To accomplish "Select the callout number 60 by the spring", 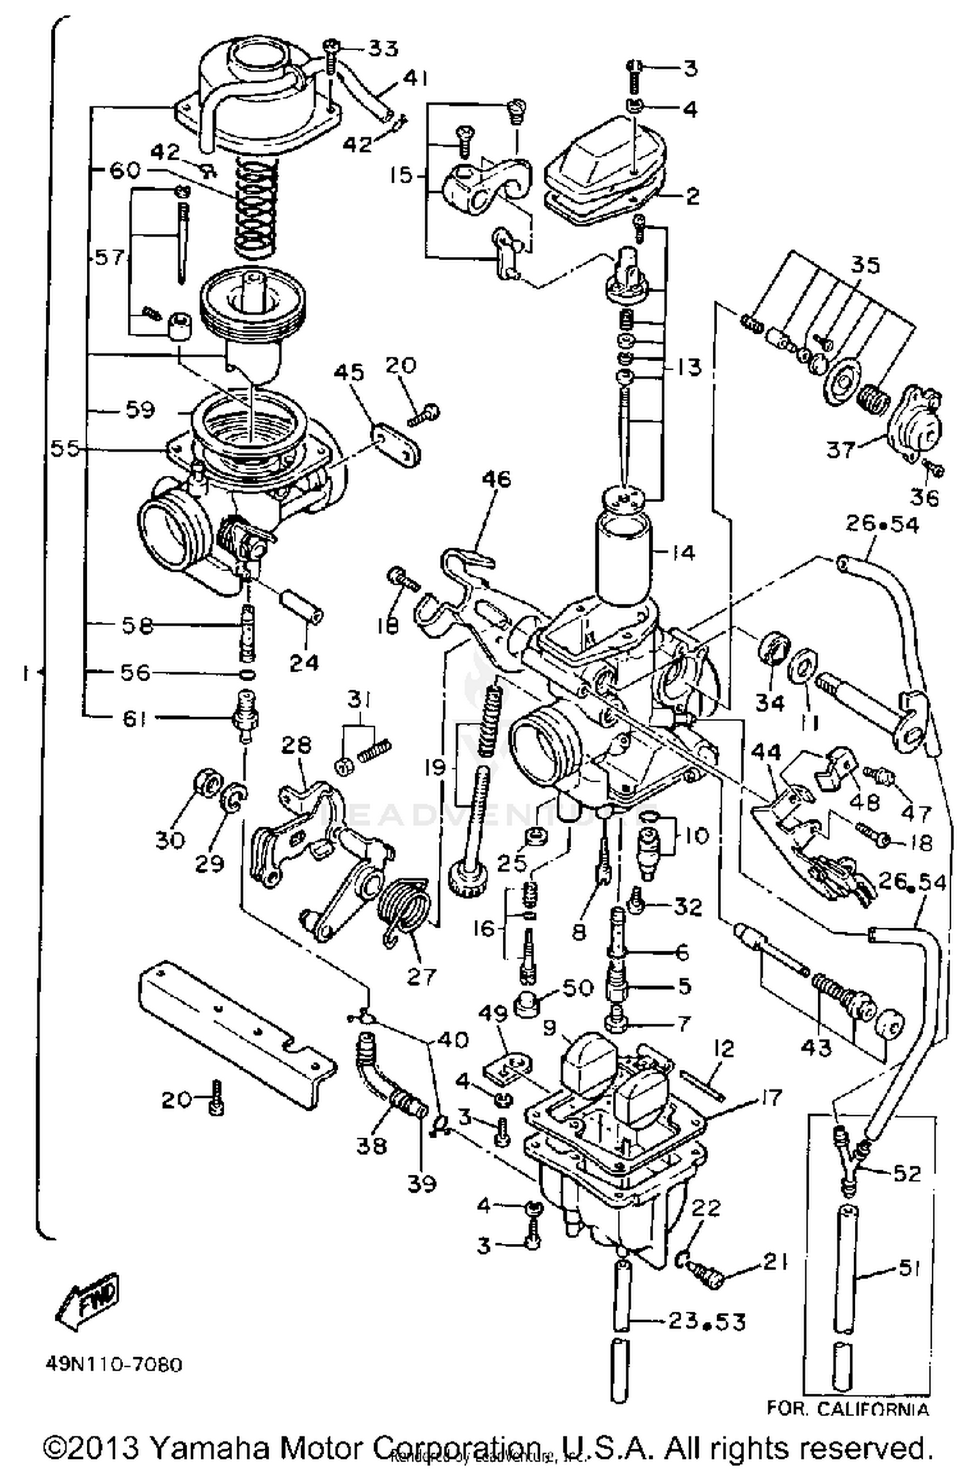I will click(x=125, y=170).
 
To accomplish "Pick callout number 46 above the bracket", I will click(x=496, y=480).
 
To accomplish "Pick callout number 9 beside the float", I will click(x=549, y=1029).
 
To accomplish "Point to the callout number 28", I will click(x=297, y=745).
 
